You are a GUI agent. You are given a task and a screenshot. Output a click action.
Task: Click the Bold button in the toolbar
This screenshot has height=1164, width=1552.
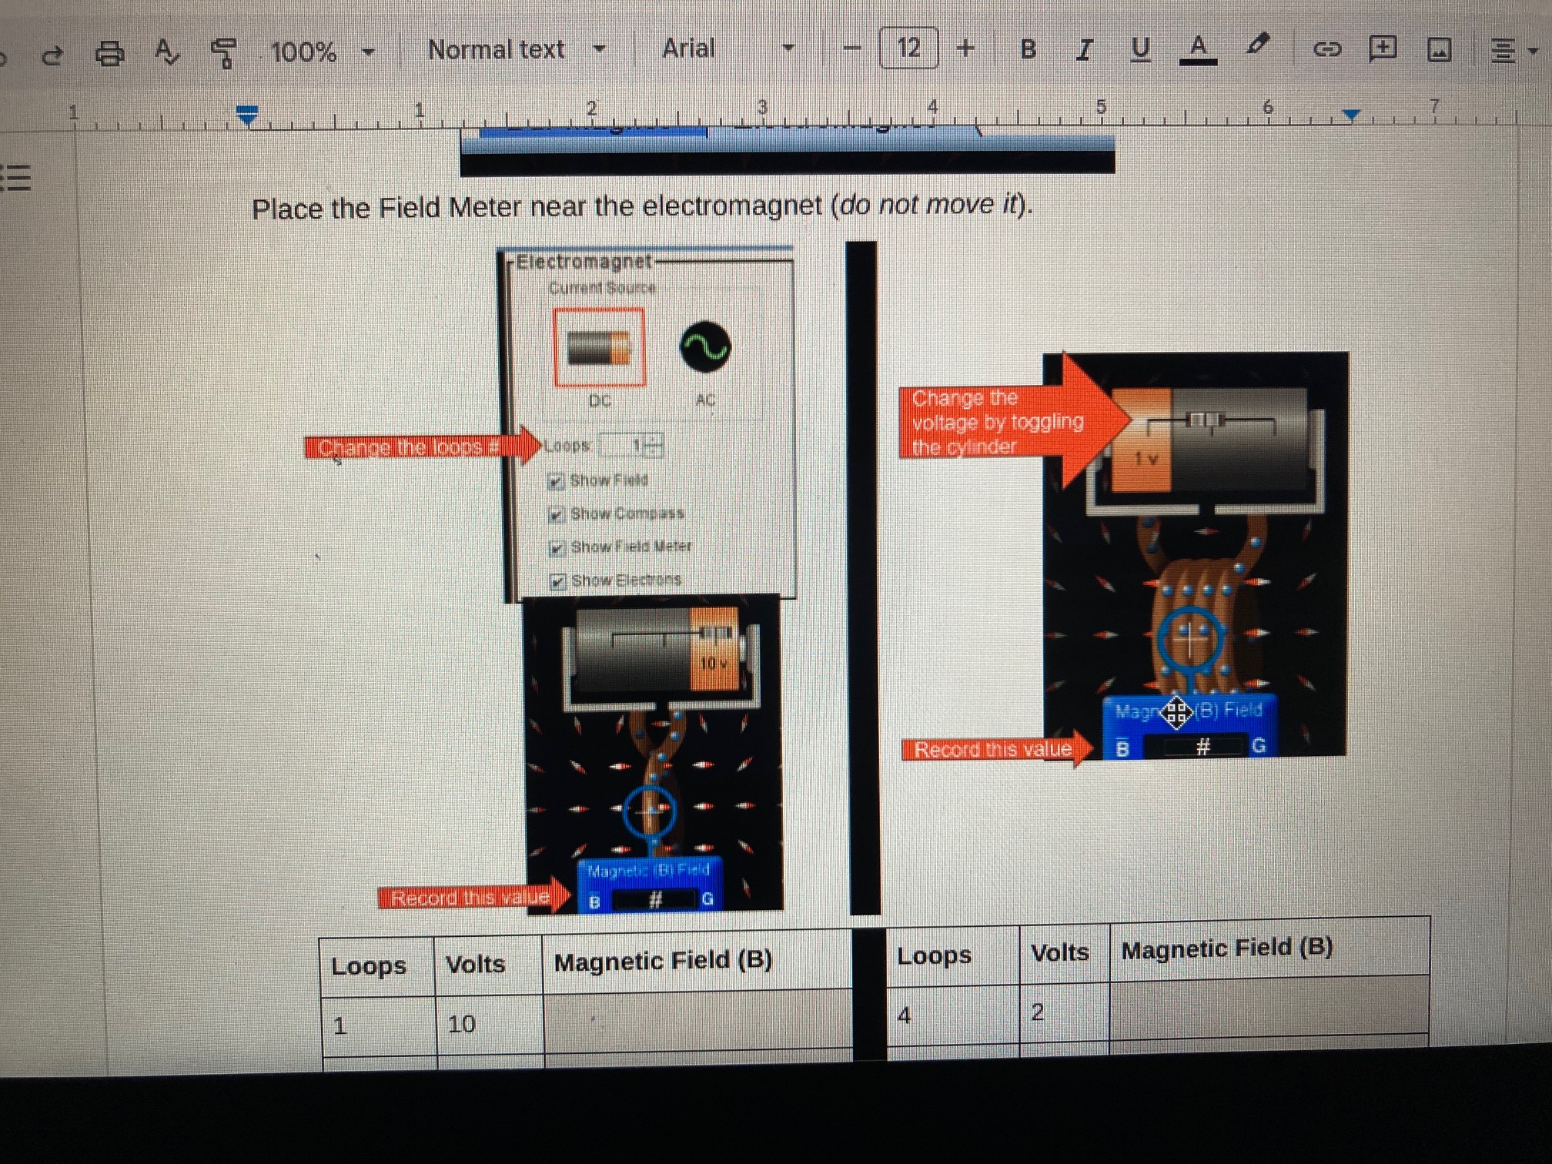pyautogui.click(x=1028, y=50)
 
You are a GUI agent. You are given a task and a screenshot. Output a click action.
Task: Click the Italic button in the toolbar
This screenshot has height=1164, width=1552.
pyautogui.click(x=1084, y=50)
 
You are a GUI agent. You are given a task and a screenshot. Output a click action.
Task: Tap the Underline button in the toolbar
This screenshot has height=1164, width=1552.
pyautogui.click(x=1140, y=49)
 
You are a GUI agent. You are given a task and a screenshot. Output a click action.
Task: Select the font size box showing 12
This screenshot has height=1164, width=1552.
pyautogui.click(x=908, y=48)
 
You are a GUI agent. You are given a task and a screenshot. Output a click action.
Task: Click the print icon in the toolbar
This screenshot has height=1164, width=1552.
pyautogui.click(x=109, y=53)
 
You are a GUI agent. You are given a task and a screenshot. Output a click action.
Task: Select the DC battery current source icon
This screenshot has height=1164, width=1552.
pyautogui.click(x=599, y=347)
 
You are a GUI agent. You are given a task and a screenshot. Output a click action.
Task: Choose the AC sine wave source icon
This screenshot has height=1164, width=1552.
pyautogui.click(x=704, y=347)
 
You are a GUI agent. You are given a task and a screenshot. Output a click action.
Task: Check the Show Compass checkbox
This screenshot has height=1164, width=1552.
pyautogui.click(x=557, y=514)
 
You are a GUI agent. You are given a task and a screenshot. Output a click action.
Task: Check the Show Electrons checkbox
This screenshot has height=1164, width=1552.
pyautogui.click(x=558, y=581)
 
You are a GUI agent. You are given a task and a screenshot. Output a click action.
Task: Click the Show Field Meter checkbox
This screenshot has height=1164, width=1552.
pyautogui.click(x=557, y=548)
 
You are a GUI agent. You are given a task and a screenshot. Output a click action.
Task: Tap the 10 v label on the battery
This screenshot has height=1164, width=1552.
pyautogui.click(x=713, y=663)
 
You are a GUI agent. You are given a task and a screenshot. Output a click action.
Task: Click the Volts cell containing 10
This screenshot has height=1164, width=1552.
pyautogui.click(x=488, y=1024)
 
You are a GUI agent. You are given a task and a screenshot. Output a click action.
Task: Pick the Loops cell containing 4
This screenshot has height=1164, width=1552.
pyautogui.click(x=952, y=1015)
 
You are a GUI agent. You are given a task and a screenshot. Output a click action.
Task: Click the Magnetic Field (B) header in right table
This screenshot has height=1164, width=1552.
pyautogui.click(x=1227, y=948)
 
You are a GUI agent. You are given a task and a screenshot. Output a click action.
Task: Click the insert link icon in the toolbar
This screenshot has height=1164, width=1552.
pyautogui.click(x=1326, y=50)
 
